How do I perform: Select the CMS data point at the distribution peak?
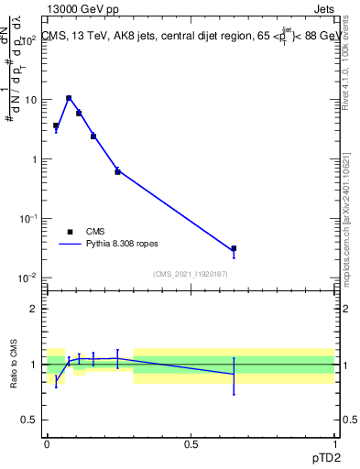point(69,98)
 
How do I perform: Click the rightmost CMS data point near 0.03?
point(234,248)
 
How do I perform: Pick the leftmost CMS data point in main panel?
point(56,125)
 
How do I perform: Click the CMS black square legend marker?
point(70,232)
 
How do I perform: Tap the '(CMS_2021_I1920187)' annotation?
point(190,273)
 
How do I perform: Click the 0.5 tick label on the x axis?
point(191,444)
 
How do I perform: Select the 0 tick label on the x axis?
point(47,444)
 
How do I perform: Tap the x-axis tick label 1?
point(334,444)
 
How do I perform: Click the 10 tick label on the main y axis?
point(30,100)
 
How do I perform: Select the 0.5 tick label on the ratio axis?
point(30,420)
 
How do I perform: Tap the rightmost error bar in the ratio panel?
point(234,376)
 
